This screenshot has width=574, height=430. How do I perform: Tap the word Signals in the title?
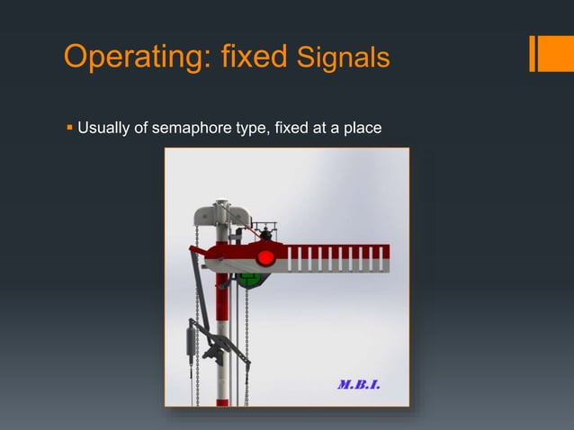(x=342, y=58)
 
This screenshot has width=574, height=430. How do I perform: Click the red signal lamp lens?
(x=265, y=258)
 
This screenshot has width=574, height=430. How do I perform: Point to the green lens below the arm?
(x=255, y=280)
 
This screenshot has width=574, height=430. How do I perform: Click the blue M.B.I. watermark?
(x=358, y=385)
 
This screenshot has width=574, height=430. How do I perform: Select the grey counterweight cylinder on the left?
(x=190, y=342)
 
